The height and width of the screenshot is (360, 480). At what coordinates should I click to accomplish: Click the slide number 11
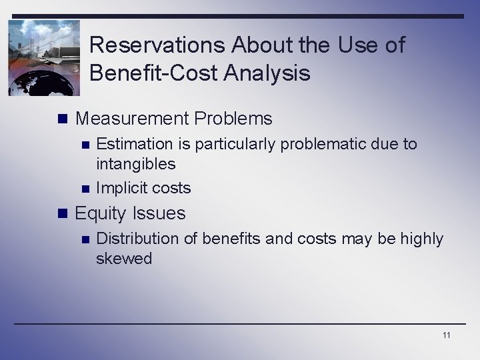(x=446, y=335)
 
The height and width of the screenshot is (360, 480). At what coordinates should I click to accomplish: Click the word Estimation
(x=134, y=144)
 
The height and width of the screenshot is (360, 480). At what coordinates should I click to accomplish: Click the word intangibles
(x=136, y=164)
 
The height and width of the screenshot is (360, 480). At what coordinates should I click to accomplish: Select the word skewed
(x=124, y=259)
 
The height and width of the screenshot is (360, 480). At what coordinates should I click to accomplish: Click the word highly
(x=421, y=239)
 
